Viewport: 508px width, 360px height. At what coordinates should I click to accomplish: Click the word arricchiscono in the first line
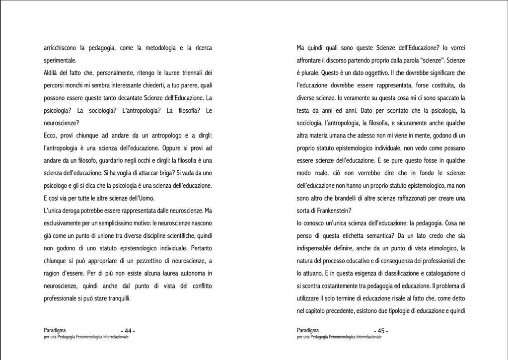(x=63, y=48)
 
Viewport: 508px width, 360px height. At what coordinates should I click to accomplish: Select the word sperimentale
(x=60, y=61)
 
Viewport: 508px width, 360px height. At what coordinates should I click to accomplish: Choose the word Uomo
(x=147, y=198)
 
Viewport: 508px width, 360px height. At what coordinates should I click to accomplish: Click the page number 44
(x=128, y=331)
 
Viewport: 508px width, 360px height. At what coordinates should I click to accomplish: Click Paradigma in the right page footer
(x=307, y=330)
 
